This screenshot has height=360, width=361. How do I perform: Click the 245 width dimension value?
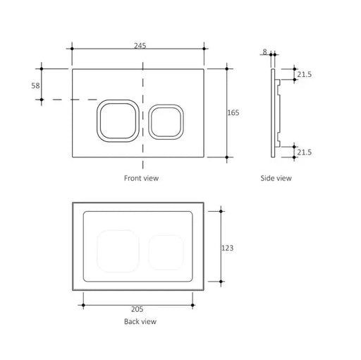[140, 45]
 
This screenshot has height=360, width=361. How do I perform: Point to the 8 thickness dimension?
[265, 52]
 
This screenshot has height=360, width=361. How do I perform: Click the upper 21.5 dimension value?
[305, 74]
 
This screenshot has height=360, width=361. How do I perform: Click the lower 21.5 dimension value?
[305, 151]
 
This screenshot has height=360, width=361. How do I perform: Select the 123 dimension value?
[227, 248]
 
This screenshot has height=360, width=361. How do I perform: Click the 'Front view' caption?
[141, 179]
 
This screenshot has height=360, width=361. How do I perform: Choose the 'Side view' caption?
[275, 179]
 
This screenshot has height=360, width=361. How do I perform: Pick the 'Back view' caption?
[140, 322]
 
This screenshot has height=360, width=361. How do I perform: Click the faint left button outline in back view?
[118, 249]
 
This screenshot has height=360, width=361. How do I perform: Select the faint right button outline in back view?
[166, 251]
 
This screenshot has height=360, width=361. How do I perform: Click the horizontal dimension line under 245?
[106, 49]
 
